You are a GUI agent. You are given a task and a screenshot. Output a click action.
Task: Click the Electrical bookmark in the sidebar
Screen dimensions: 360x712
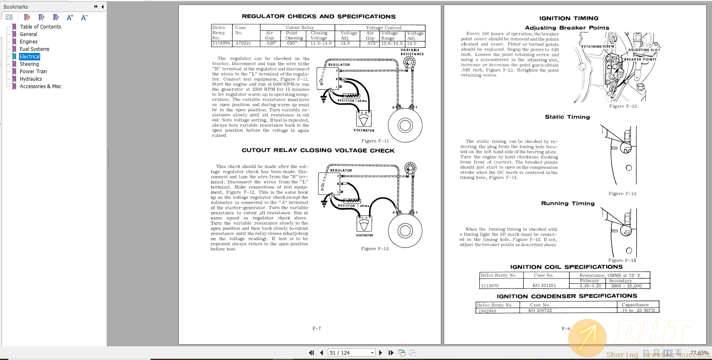point(30,57)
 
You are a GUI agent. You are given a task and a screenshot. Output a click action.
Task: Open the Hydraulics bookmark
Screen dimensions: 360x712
point(31,79)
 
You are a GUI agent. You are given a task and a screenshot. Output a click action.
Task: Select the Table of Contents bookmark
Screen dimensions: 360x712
point(40,27)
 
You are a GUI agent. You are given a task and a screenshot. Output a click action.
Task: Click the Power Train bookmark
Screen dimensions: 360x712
point(33,72)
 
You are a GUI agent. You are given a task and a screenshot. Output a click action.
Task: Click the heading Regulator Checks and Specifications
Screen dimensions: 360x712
point(318,17)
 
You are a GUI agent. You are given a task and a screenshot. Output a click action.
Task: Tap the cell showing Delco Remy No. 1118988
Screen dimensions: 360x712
point(221,43)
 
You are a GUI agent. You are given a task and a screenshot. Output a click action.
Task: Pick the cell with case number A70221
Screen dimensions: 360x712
point(243,43)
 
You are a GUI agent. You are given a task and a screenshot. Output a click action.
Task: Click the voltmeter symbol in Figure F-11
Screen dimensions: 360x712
point(364,119)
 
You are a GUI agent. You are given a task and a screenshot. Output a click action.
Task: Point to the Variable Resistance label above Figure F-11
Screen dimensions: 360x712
point(412,52)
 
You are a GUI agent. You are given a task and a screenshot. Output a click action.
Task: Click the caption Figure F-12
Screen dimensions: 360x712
point(375,249)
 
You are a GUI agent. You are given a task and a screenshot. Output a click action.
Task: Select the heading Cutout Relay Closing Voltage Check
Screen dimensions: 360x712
point(318,151)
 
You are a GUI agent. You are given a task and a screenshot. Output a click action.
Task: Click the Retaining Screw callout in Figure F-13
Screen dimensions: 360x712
point(598,46)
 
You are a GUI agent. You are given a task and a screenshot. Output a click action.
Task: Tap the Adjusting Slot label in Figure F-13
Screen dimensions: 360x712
point(644,50)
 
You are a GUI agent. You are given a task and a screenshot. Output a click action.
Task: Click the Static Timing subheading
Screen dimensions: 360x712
point(567,117)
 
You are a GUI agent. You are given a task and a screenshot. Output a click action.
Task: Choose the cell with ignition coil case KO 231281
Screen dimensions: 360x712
point(544,286)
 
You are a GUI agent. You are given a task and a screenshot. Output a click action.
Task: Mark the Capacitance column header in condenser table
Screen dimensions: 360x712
point(635,305)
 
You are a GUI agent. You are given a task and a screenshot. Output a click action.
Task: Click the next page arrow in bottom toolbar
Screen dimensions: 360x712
point(380,353)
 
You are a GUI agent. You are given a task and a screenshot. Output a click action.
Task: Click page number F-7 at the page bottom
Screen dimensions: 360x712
point(316,328)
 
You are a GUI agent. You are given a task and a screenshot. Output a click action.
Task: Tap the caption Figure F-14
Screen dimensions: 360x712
point(622,194)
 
